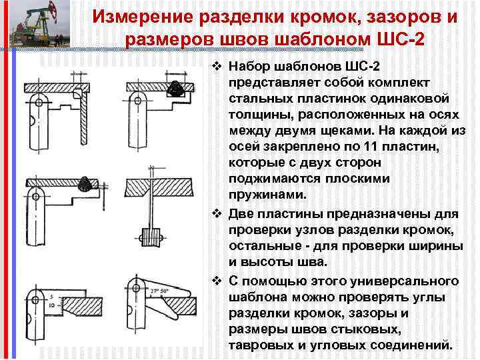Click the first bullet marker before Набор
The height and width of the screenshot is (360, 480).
pos(216,67)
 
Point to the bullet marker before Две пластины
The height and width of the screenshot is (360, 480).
pos(216,213)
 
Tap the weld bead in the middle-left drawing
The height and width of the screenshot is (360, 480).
pos(85,183)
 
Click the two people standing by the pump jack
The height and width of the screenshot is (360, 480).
pos(59,39)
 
